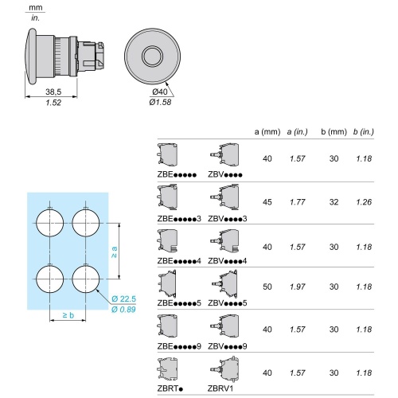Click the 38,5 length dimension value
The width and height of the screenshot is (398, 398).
(x=53, y=92)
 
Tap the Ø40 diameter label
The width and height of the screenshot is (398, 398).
(x=160, y=92)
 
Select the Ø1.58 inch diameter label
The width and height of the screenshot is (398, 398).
(x=160, y=102)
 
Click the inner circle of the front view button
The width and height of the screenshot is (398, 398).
(x=152, y=57)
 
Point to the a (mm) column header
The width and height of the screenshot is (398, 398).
(x=267, y=132)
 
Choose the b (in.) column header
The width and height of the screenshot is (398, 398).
(x=363, y=132)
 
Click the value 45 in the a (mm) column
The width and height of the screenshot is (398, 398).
(x=267, y=202)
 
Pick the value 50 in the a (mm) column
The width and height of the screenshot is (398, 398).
(x=267, y=287)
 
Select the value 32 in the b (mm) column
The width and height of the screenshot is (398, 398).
(x=334, y=202)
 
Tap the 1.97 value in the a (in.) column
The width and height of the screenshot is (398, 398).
(x=298, y=287)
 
